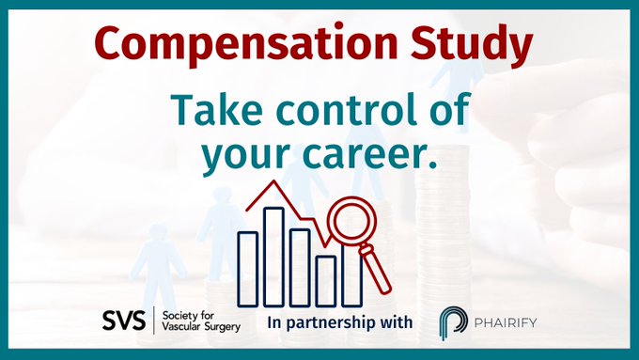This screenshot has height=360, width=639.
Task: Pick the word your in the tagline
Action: coord(245,157)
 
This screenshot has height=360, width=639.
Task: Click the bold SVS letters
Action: coord(123,321)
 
